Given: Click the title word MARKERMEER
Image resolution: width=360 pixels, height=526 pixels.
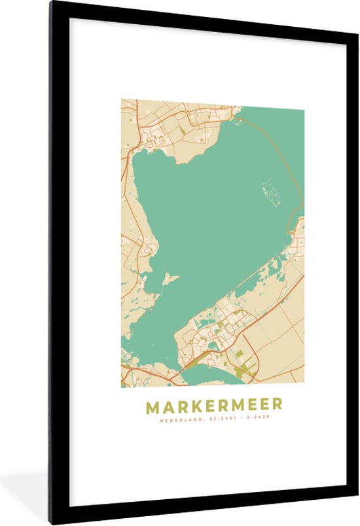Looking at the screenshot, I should tap(214, 407).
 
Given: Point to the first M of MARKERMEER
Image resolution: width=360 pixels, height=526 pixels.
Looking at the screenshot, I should tap(151, 407).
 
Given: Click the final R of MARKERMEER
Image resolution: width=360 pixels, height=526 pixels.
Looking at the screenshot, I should tap(278, 407).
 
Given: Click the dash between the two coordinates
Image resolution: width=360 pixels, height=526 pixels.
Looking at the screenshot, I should tap(243, 418).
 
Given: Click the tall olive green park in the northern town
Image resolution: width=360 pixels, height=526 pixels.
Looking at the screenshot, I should tap(183, 133).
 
